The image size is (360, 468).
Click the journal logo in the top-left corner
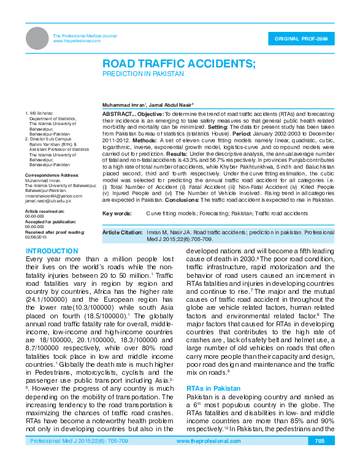(37, 39)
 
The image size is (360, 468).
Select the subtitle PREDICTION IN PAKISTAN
(143, 74)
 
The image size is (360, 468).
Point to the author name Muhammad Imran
(123, 106)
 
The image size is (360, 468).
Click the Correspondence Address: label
(52, 175)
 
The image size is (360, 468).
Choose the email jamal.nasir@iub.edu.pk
(48, 201)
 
